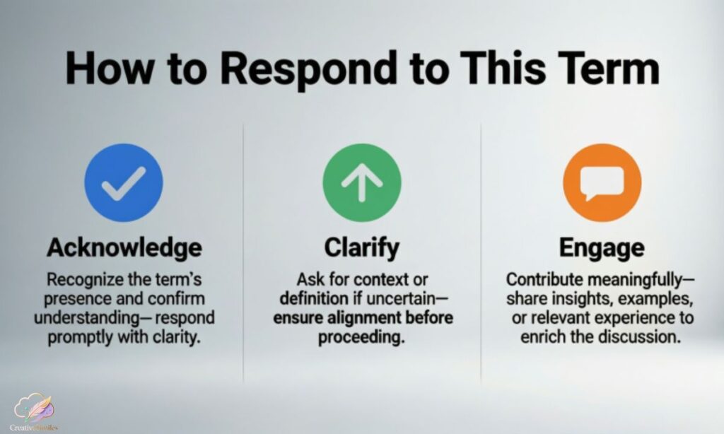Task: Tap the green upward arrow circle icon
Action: (x=361, y=183)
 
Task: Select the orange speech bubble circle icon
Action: (x=601, y=183)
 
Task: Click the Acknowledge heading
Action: (x=124, y=248)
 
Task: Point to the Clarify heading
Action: (x=361, y=248)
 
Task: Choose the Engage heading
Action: (x=601, y=248)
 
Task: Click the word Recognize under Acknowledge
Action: (x=77, y=281)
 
